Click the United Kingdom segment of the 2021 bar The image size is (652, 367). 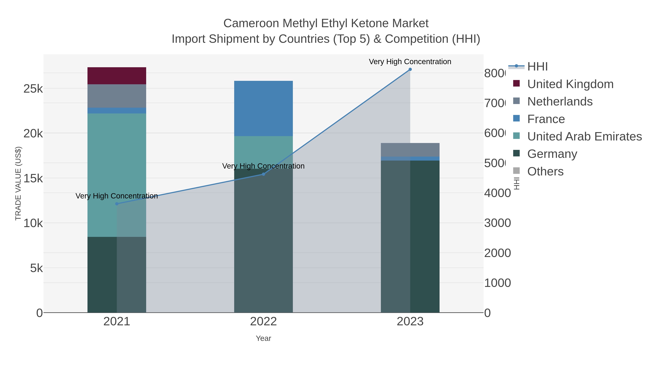(x=117, y=76)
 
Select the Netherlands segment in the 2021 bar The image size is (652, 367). (x=117, y=96)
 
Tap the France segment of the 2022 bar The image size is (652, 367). (x=263, y=108)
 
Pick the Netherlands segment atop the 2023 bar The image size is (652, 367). (x=410, y=150)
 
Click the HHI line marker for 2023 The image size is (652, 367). (x=410, y=69)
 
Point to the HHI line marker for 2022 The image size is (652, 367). (x=263, y=174)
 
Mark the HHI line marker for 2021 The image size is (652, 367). (x=117, y=204)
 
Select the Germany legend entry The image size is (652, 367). (x=552, y=154)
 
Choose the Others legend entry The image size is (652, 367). (x=545, y=171)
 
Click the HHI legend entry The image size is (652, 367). (x=537, y=67)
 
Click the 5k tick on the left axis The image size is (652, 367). (x=36, y=268)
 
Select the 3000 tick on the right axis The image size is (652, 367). (x=497, y=223)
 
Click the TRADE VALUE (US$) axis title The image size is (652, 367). (x=18, y=183)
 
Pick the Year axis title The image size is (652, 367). (x=263, y=338)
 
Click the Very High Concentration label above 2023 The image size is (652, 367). (x=410, y=62)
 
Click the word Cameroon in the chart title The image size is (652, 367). (x=251, y=23)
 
